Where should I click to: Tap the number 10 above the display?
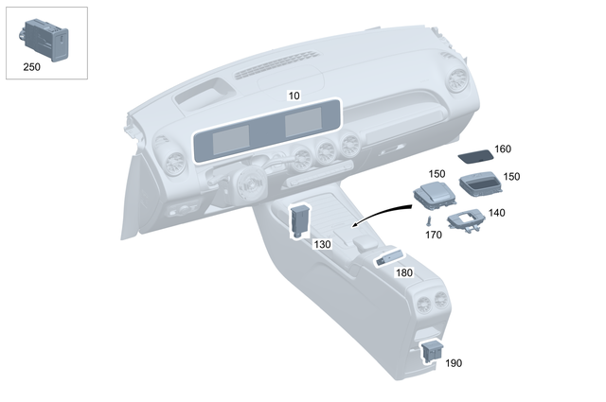294,96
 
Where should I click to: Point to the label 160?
503,149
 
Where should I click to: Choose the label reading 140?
497,213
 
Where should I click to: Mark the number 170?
434,234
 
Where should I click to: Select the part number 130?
322,243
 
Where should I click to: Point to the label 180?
403,272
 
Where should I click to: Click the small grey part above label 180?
390,255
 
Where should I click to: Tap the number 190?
454,362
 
